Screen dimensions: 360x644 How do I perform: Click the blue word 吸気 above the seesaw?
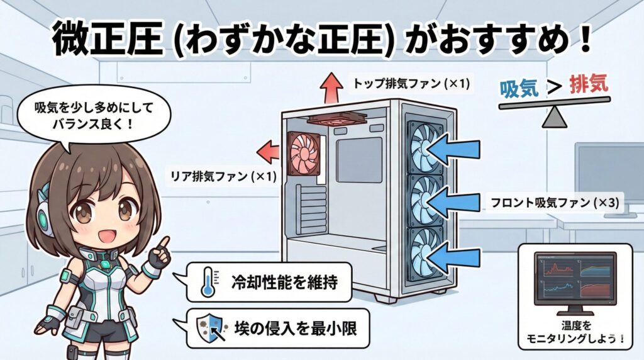click(x=519, y=87)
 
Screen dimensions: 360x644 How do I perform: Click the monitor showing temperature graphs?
click(x=574, y=280)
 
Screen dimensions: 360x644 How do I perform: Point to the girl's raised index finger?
click(x=165, y=242)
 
